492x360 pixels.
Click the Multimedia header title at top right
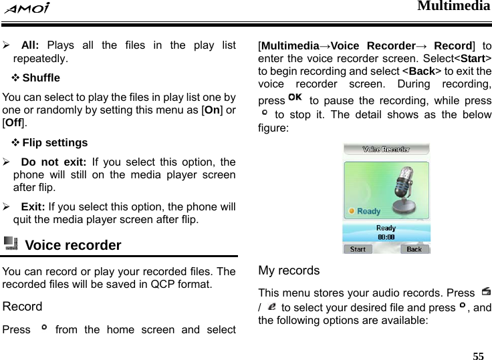pos(454,7)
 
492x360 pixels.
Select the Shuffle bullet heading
pos(41,77)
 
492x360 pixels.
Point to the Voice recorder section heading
pos(73,245)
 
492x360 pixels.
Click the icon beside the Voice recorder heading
pos(11,244)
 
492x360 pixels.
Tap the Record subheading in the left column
pos(22,307)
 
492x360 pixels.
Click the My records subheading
pos(289,271)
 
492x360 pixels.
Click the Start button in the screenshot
pos(358,249)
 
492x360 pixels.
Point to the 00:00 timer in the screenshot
pos(386,236)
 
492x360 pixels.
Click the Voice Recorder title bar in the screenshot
pos(386,150)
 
